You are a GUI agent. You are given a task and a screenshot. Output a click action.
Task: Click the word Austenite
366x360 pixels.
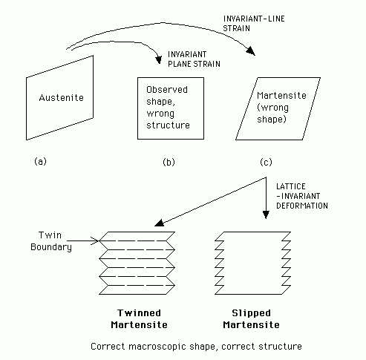coord(62,97)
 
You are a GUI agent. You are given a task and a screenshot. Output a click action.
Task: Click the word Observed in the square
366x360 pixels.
coord(167,89)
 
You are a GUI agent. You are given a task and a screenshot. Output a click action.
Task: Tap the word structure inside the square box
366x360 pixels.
coord(168,125)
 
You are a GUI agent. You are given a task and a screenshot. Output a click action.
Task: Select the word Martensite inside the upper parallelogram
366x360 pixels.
coord(281,95)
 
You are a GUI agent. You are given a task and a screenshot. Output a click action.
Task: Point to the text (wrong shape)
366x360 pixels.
coord(272,114)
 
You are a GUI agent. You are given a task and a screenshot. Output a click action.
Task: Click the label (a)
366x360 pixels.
coord(40,161)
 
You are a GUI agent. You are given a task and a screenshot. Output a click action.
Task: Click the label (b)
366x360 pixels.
coord(169,162)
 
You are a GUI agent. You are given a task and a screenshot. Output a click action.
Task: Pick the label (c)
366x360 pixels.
coord(266,162)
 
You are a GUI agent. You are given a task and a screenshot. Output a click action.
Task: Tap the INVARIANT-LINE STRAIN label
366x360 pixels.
coord(254,24)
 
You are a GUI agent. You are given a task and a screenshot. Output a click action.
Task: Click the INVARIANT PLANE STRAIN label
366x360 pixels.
coord(194,59)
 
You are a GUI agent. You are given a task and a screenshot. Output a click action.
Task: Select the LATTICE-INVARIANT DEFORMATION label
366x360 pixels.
coord(302,196)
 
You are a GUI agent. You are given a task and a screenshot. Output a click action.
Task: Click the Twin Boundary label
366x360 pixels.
coord(51,240)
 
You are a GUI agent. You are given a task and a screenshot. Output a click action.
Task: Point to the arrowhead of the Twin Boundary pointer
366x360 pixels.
coord(96,240)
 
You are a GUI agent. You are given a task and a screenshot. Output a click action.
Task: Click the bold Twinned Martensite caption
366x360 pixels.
coord(139,318)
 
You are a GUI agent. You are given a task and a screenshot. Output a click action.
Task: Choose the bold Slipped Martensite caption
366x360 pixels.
coord(251,318)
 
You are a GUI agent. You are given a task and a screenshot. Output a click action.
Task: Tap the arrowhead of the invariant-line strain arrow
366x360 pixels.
coord(251,51)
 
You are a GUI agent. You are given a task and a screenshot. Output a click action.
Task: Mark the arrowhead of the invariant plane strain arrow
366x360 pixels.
coord(158,60)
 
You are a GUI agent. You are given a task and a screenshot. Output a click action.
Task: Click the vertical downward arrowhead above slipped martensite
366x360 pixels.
coord(266,215)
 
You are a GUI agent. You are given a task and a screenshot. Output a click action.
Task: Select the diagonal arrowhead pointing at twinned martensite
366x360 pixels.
coord(159,223)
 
